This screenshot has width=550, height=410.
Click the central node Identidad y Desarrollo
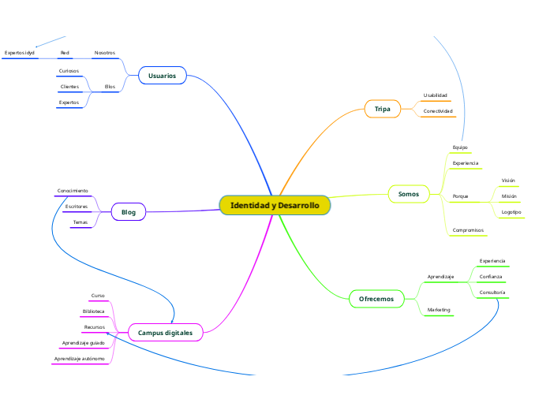pos(275,205)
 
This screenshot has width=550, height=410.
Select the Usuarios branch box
pos(162,76)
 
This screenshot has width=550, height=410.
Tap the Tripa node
pos(382,109)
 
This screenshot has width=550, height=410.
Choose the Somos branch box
pos(408,193)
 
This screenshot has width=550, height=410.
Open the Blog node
pos(129,212)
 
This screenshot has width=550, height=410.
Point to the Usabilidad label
pos(435,95)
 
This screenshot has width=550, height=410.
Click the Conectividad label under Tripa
pos(438,111)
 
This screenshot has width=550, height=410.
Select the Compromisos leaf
pos(469,230)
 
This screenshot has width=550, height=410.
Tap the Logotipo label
pos(511,212)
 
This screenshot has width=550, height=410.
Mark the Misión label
pos(509,196)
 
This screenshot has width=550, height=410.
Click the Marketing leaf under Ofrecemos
pos(439,310)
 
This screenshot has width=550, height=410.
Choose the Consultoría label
pos(492,293)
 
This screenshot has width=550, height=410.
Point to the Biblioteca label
pos(93,311)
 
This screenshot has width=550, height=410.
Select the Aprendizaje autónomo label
pos(79,359)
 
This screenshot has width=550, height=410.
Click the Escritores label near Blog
pos(77,207)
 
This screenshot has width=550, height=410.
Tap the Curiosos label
pos(69,71)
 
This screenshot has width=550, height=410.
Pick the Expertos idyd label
pos(20,53)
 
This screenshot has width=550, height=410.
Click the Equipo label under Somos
pos(460,147)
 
